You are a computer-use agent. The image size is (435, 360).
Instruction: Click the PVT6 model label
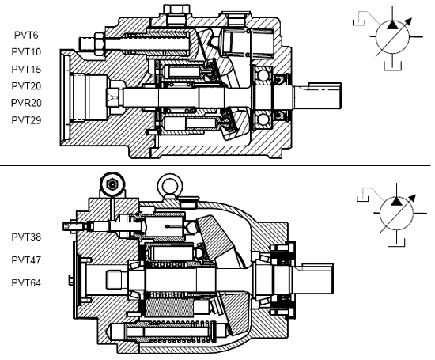[x=26, y=36]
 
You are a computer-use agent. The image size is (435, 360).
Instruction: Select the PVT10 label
[x=26, y=52]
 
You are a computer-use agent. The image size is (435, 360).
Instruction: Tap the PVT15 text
[x=26, y=69]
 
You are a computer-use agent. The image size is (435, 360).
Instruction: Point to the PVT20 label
[x=26, y=86]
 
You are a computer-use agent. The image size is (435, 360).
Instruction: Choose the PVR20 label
[x=26, y=103]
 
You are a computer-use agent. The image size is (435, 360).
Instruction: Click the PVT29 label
[x=26, y=120]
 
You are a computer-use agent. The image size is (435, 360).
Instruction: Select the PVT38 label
[x=26, y=237]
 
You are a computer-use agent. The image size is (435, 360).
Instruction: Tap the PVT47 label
[x=26, y=260]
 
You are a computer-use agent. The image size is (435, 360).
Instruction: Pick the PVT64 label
[x=26, y=282]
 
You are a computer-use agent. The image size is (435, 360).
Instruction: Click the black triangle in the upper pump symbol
[x=392, y=25]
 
